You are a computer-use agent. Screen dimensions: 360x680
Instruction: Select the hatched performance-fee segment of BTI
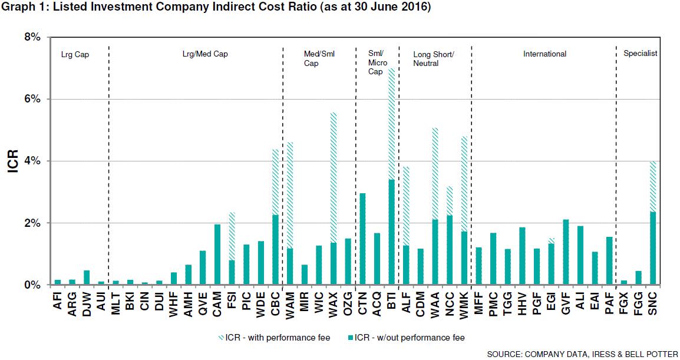coord(391,124)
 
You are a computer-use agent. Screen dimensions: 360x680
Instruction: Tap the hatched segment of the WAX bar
coord(334,177)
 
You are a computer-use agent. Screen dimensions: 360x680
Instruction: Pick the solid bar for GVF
coord(566,252)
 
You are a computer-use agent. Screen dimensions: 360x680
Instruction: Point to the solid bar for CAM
coord(217,254)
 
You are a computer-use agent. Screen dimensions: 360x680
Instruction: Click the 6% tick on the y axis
coord(32,99)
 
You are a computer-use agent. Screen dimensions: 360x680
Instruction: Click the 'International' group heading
coord(544,54)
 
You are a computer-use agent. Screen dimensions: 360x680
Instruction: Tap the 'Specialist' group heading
coord(640,54)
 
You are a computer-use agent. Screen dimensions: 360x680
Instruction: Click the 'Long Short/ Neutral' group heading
coord(434,58)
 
